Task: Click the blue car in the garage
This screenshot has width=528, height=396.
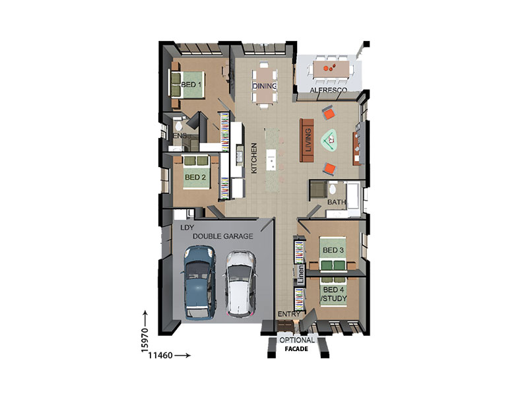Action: click(199, 282)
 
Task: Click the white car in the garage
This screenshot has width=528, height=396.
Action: click(240, 284)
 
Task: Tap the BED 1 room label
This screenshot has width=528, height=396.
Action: click(191, 84)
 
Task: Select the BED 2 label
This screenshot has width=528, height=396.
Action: click(195, 177)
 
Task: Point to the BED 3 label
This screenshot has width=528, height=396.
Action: click(333, 250)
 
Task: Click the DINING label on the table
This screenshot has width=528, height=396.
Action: click(265, 86)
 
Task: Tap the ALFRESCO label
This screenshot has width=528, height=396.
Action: click(328, 90)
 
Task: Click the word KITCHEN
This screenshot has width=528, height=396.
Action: click(254, 158)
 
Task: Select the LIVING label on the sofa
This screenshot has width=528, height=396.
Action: click(308, 140)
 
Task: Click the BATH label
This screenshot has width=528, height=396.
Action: click(337, 202)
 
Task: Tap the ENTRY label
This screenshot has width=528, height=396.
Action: click(288, 314)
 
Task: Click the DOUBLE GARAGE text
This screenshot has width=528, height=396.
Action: click(222, 236)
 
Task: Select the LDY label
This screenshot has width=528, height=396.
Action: click(187, 228)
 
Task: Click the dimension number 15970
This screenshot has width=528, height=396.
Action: click(145, 340)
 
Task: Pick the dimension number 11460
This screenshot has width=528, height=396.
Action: click(160, 355)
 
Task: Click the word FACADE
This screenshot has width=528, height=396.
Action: click(296, 349)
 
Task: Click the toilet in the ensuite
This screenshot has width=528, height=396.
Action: click(178, 125)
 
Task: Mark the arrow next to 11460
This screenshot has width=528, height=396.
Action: click(183, 355)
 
